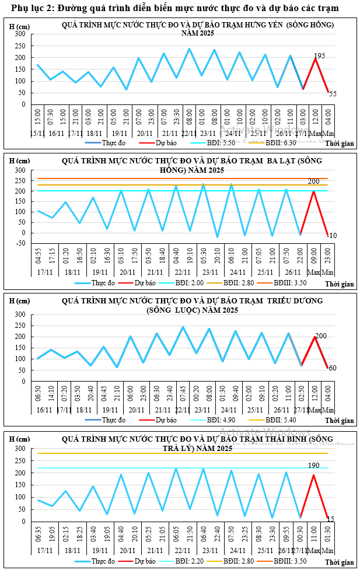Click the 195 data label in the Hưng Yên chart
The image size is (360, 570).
point(319,56)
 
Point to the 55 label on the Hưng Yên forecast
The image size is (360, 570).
point(333,93)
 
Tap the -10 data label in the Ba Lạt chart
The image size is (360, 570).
point(331,235)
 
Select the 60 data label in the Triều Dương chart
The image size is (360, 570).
point(332,368)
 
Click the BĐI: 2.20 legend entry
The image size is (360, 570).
point(195,562)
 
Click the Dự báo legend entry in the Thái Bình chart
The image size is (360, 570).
point(138,562)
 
